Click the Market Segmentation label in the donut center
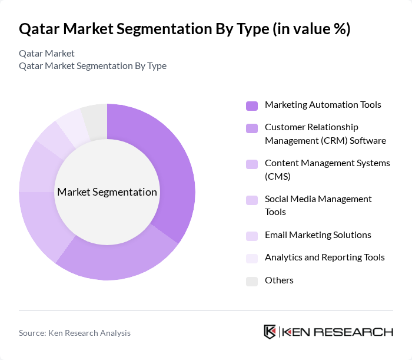click(x=107, y=192)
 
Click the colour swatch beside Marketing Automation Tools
click(x=252, y=105)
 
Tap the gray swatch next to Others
click(x=252, y=281)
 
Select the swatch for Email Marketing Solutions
click(x=252, y=236)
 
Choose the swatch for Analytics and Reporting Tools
click(x=252, y=258)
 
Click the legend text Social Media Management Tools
click(x=318, y=206)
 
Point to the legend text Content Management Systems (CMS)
click(x=327, y=170)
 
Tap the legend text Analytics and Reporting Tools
click(x=324, y=257)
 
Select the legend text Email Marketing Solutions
click(x=318, y=235)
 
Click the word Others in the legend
click(x=279, y=280)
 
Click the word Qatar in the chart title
click(x=39, y=29)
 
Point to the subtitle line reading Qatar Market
click(x=46, y=53)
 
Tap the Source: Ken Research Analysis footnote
click(x=75, y=333)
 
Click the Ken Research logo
click(x=328, y=332)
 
